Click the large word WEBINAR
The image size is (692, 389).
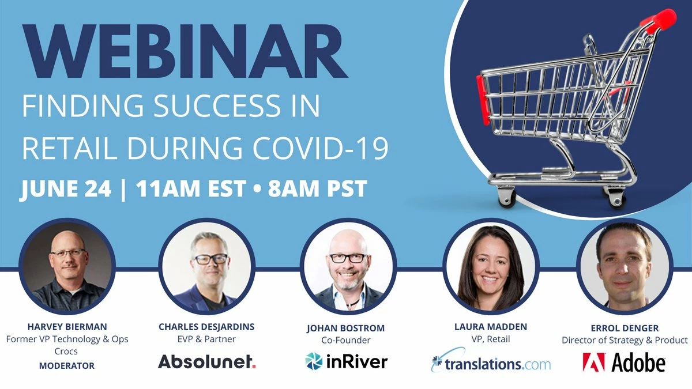(185, 51)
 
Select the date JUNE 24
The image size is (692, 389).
(66, 188)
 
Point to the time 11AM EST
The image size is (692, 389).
(191, 188)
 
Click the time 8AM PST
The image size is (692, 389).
(318, 188)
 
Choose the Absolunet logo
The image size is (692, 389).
(206, 361)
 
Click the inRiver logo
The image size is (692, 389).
(346, 361)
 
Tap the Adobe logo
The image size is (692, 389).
(624, 362)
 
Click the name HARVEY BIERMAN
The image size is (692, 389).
(67, 327)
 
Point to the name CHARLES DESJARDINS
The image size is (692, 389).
(206, 327)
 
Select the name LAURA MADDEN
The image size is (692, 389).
(491, 327)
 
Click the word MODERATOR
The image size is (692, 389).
(67, 365)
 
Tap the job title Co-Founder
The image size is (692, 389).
(345, 340)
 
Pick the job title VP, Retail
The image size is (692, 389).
(491, 339)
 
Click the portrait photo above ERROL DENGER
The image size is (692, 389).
(625, 266)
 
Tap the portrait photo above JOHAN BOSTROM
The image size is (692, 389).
(348, 266)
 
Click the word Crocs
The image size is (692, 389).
(66, 351)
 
